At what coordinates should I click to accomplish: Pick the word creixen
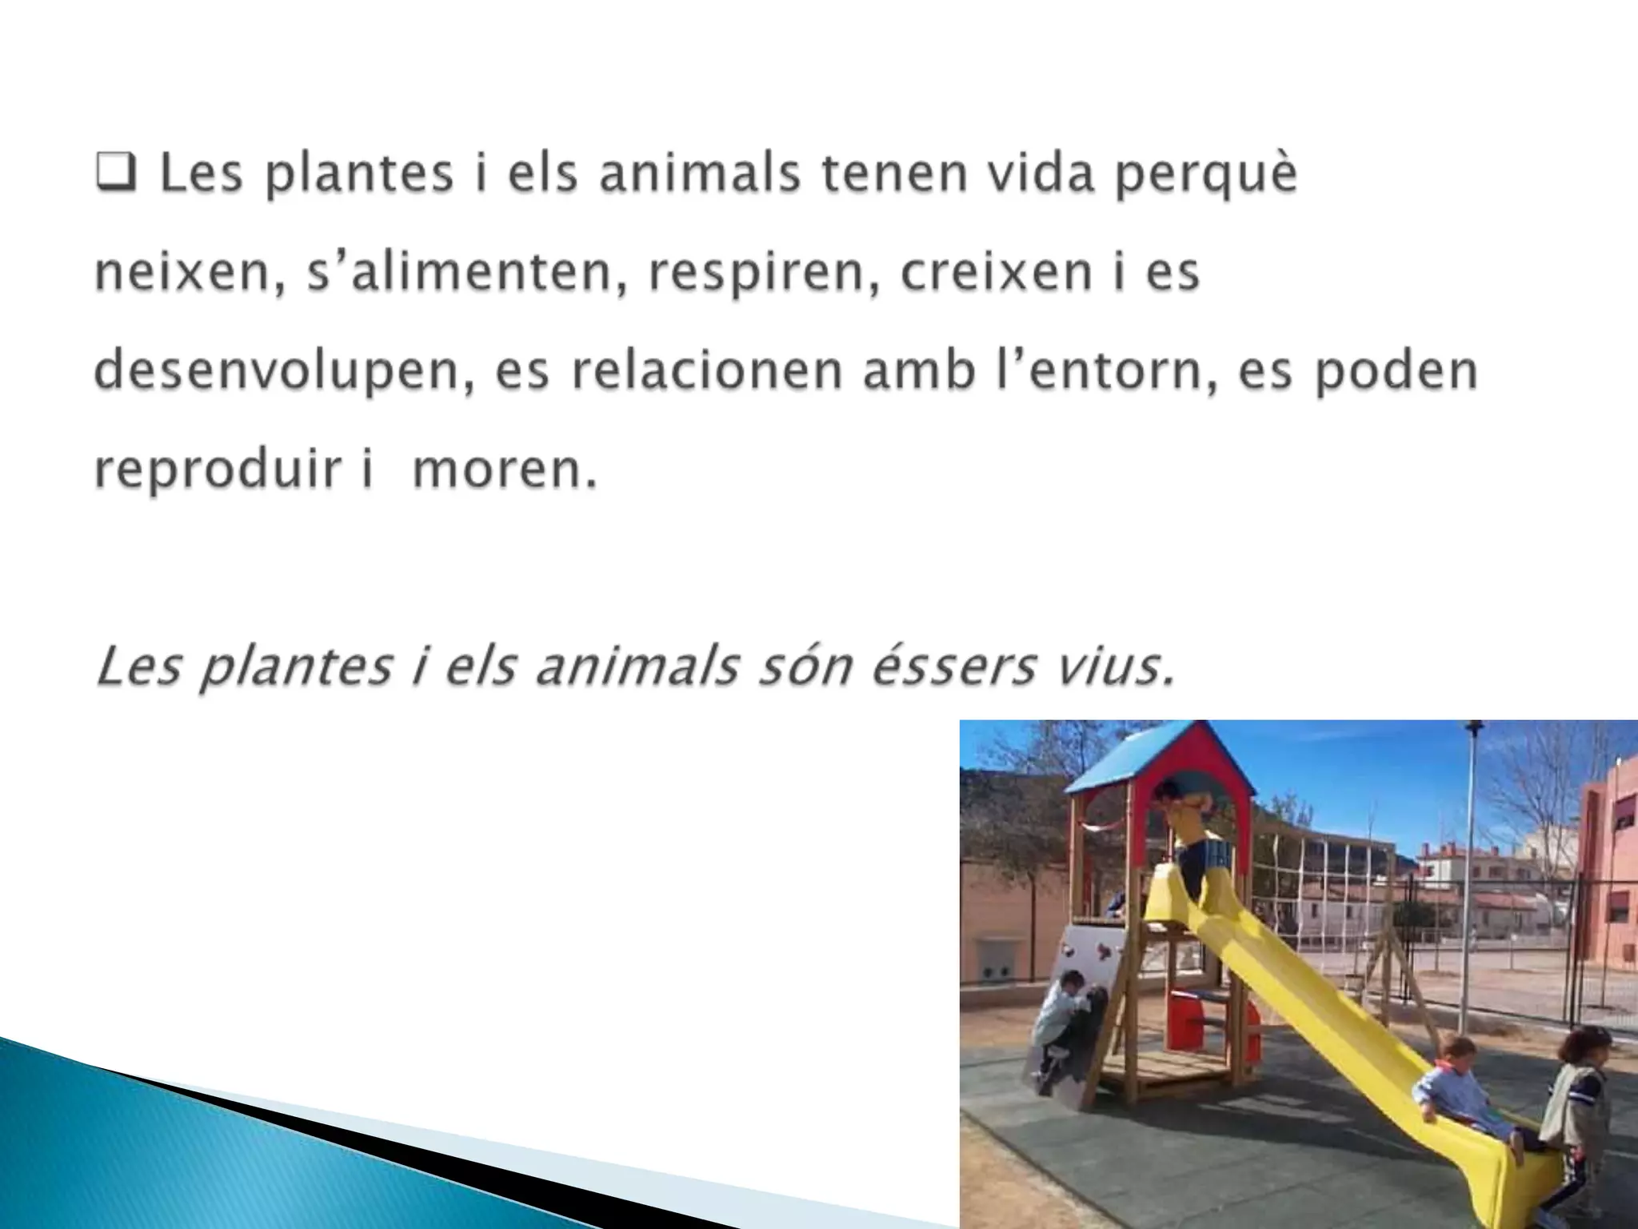coord(996,273)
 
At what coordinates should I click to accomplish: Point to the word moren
coord(503,470)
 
